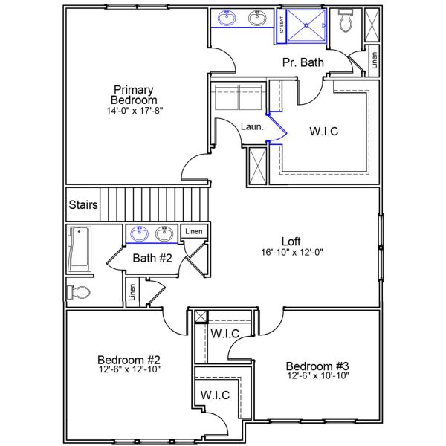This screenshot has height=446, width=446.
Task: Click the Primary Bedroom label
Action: [134, 94]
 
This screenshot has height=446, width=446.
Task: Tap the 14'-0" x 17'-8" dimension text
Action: [134, 111]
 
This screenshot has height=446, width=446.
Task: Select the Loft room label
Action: [291, 241]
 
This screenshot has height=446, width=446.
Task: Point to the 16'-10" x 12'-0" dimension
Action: [291, 252]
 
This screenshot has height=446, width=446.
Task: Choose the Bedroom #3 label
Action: [317, 366]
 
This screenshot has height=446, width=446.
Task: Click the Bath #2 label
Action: [152, 259]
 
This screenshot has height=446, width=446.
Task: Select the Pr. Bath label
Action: [303, 62]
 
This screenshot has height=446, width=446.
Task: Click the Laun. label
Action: [252, 127]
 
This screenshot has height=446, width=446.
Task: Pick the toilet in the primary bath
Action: [346, 22]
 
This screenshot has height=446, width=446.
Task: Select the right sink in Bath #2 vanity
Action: [165, 233]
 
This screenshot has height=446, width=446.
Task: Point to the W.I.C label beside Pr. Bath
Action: [323, 132]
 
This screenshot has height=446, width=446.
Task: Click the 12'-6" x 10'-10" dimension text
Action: [317, 376]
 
